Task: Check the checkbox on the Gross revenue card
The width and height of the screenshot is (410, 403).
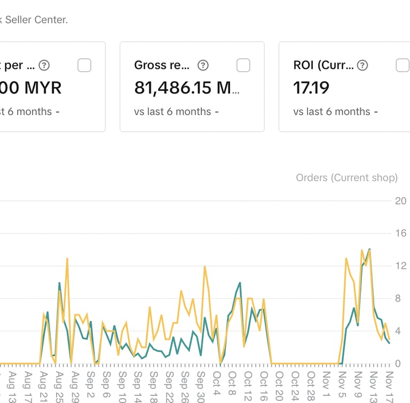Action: [x=243, y=65]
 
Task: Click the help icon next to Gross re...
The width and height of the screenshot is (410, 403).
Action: [x=203, y=65]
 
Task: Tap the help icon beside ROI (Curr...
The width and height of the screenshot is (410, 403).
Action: [x=362, y=65]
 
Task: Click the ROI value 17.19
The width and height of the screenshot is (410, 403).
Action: [x=311, y=87]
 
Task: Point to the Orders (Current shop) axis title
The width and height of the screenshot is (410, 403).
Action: [x=346, y=177]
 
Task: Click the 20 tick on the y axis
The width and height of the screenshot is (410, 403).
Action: [x=400, y=201]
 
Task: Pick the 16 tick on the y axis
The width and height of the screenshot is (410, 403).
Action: [x=400, y=234]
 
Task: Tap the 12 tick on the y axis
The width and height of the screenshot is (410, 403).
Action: [x=400, y=266]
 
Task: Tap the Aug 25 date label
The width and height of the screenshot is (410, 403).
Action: [x=59, y=383]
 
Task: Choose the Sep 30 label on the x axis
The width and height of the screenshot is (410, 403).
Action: [x=201, y=383]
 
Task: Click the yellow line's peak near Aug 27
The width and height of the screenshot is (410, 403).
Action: [x=67, y=259]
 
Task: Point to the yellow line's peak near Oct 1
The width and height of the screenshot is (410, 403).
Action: [x=204, y=267]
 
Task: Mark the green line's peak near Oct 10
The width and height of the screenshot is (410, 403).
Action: [x=240, y=282]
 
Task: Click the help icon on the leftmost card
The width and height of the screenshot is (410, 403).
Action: [x=44, y=65]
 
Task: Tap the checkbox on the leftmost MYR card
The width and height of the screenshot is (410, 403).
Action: [x=84, y=65]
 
